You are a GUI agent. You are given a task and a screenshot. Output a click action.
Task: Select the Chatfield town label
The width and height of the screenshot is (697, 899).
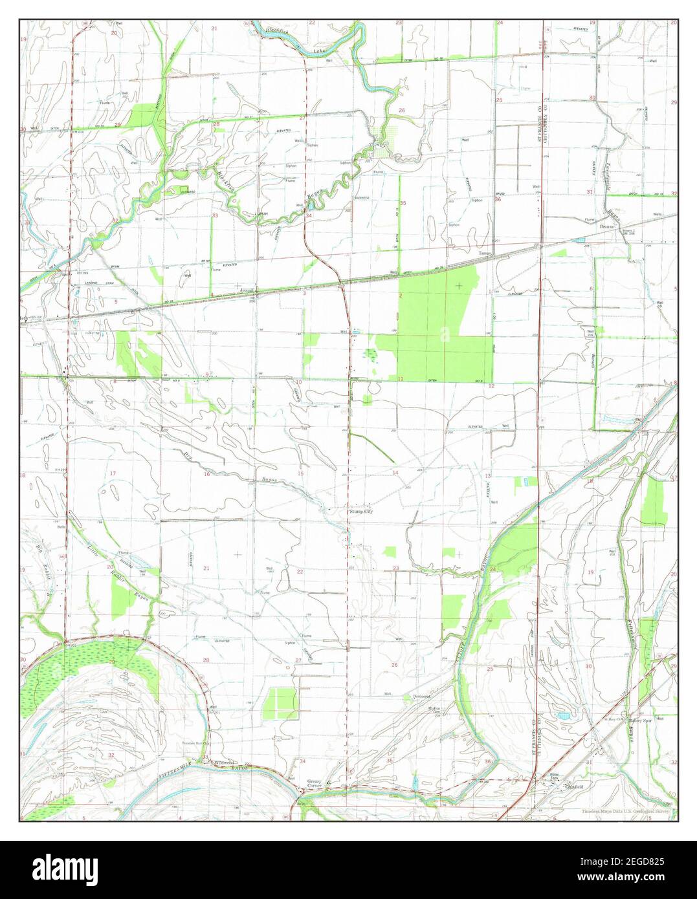[573, 787]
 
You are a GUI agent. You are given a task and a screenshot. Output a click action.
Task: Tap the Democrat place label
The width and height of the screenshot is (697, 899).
[422, 697]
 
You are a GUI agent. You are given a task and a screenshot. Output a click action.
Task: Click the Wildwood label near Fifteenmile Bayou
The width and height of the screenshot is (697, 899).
[225, 763]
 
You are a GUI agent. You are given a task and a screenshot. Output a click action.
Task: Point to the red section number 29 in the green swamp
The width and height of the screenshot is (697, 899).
[112, 662]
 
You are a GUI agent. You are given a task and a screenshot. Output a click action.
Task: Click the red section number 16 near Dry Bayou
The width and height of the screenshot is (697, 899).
[207, 475]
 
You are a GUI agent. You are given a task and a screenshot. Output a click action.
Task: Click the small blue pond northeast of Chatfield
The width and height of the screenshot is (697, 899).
[561, 717]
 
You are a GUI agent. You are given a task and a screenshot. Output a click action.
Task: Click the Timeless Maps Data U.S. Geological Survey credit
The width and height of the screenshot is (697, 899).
[625, 810]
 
